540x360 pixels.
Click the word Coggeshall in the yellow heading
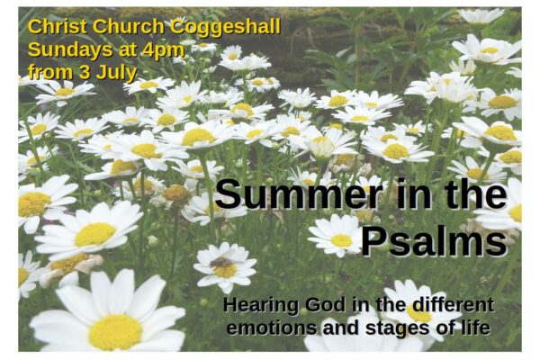pyautogui.click(x=225, y=28)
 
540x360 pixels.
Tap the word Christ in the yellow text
pyautogui.click(x=58, y=26)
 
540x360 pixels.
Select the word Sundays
pyautogui.click(x=70, y=50)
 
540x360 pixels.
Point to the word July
pyautogui.click(x=116, y=73)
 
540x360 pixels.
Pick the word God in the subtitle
pyautogui.click(x=325, y=305)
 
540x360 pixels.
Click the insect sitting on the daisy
pyautogui.click(x=221, y=263)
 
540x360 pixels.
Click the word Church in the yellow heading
pyautogui.click(x=129, y=26)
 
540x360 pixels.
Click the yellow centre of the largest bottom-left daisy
pyautogui.click(x=115, y=332)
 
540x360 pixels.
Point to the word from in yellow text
pyautogui.click(x=50, y=73)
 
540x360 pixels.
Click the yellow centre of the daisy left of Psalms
pyautogui.click(x=341, y=240)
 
